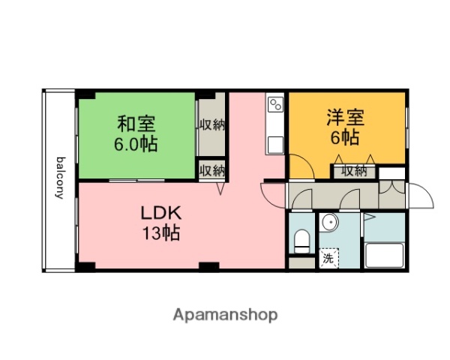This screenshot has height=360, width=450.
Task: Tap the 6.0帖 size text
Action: click(x=136, y=143)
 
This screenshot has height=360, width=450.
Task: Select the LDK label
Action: click(x=161, y=212)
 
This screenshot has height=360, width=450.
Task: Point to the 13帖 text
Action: click(x=161, y=232)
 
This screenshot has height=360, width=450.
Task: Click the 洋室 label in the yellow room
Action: click(x=345, y=118)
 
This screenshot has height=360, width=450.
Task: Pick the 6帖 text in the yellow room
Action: click(x=345, y=138)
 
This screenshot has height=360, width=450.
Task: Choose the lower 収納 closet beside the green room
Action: click(x=212, y=170)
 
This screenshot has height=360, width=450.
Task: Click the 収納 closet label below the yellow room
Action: click(x=355, y=171)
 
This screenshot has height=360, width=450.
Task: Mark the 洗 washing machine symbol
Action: click(x=328, y=259)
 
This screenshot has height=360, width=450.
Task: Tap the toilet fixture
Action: click(x=301, y=241)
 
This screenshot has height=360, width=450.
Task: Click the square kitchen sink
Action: click(x=275, y=144)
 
